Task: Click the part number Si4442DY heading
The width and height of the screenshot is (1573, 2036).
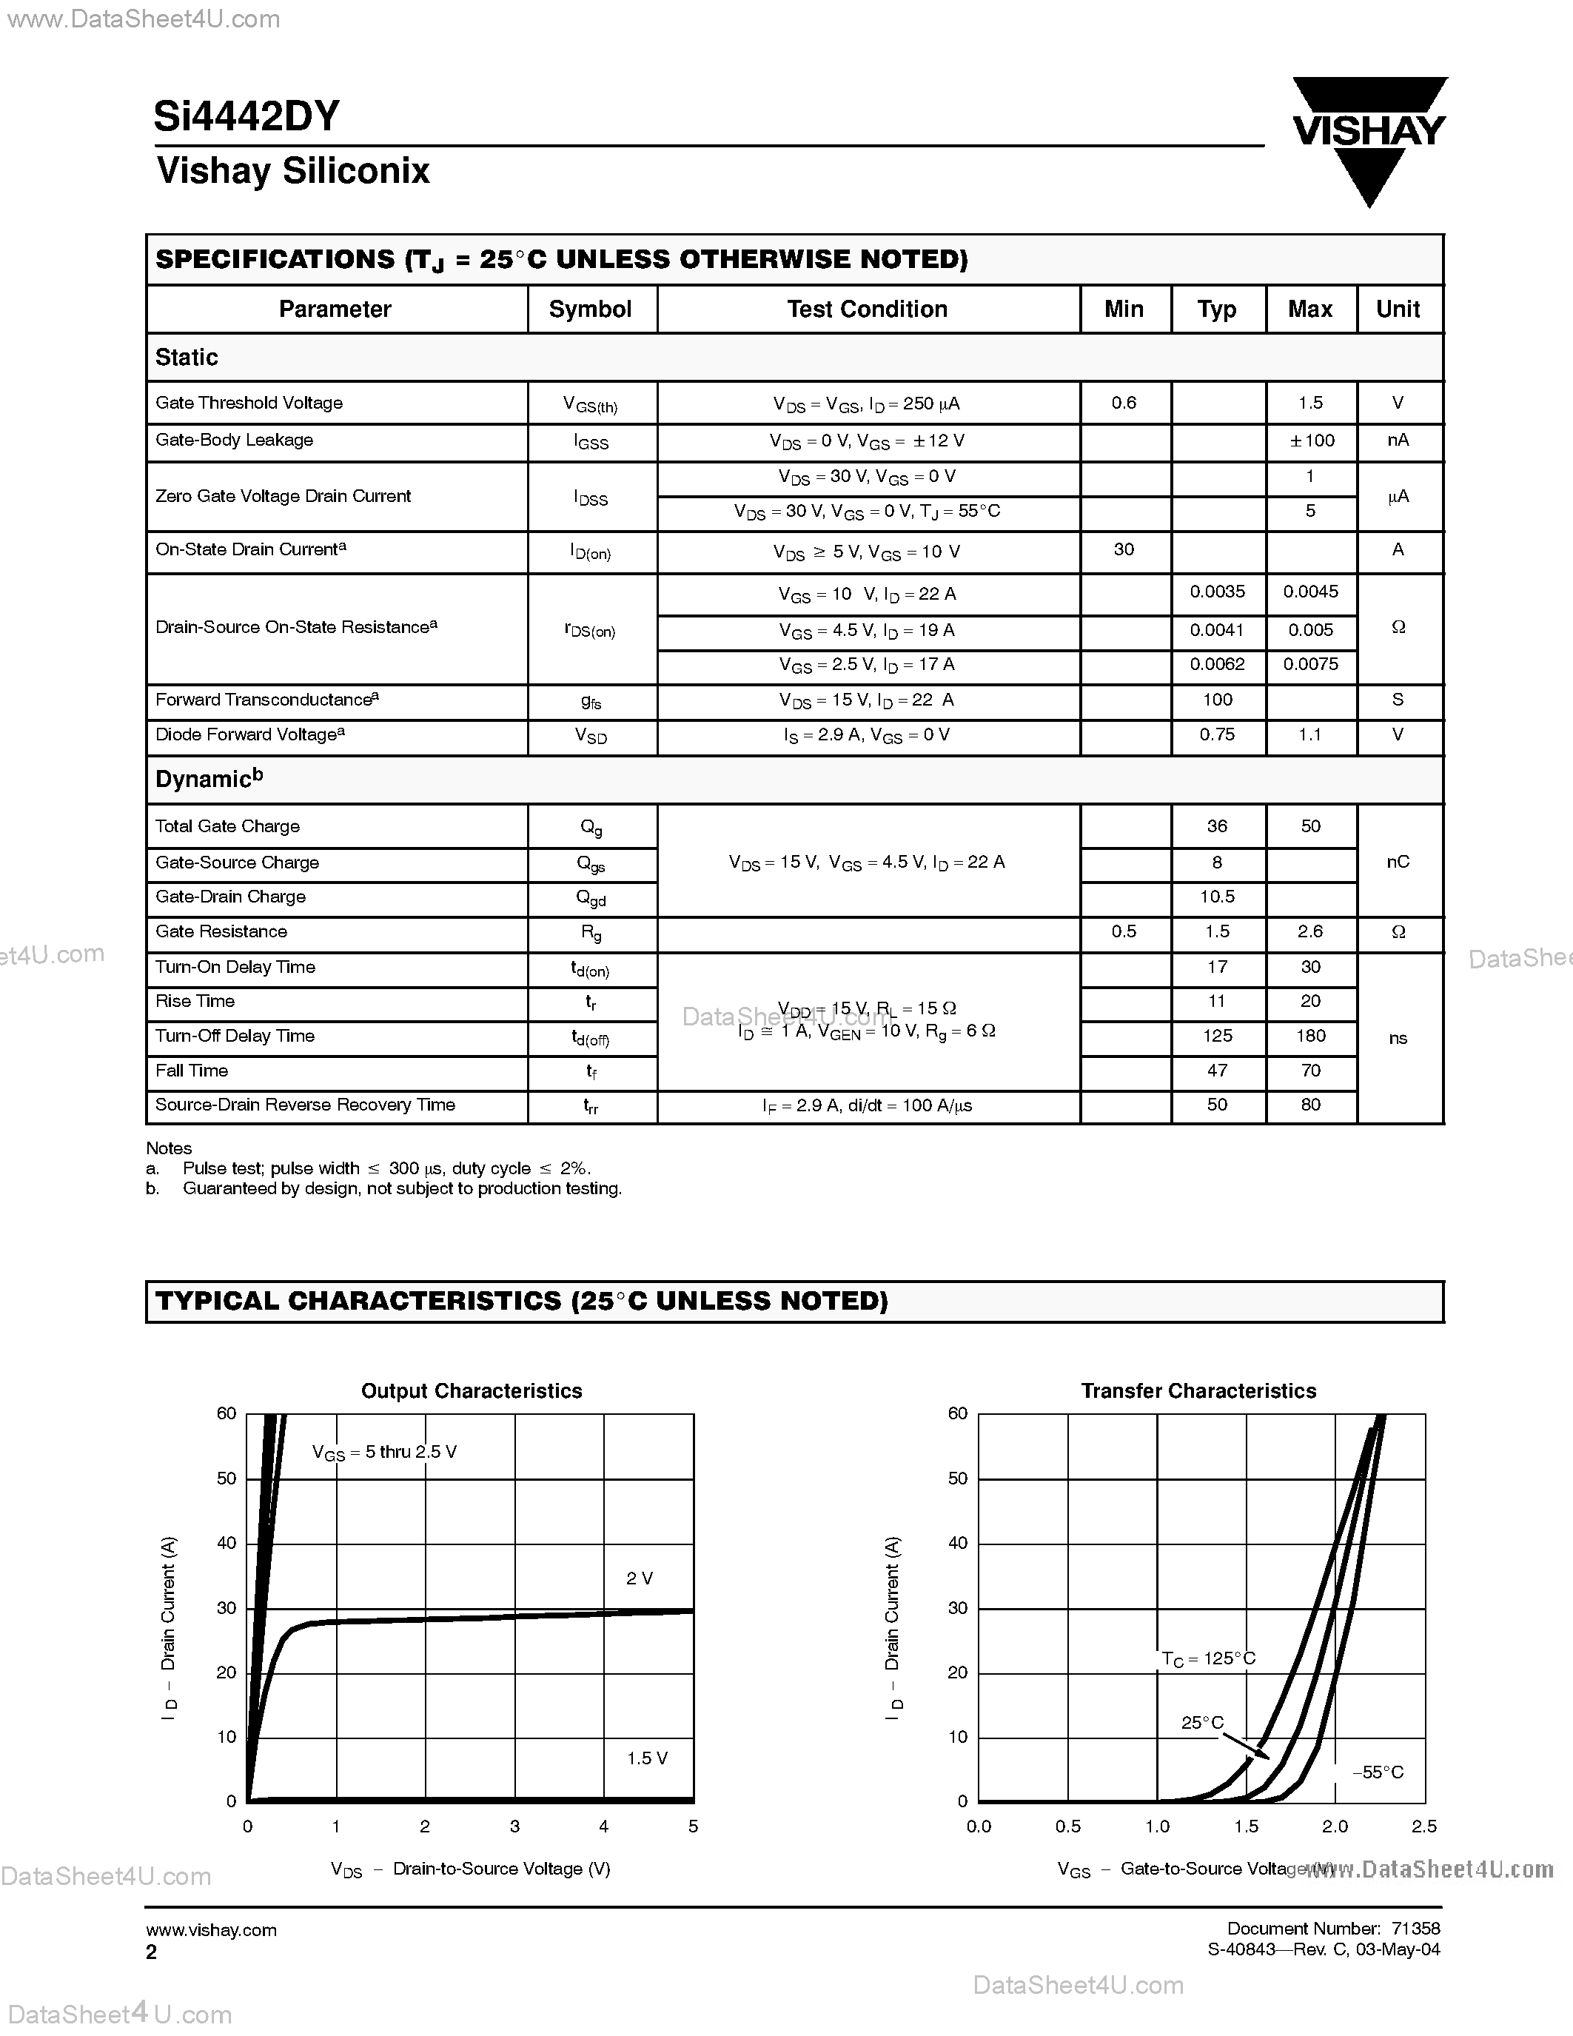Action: point(247,116)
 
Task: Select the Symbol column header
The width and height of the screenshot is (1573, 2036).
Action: point(590,309)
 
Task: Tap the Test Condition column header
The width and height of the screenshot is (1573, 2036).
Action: point(867,309)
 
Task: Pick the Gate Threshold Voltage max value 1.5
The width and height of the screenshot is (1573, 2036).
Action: point(1310,403)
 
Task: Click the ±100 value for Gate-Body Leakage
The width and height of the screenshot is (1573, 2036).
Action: point(1311,440)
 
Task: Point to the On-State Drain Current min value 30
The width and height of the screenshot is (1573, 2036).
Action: point(1124,549)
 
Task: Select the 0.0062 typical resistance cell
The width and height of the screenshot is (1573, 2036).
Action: point(1217,664)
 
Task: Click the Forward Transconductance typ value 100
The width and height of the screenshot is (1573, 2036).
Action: point(1217,699)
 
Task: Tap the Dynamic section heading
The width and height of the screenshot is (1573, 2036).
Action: point(209,778)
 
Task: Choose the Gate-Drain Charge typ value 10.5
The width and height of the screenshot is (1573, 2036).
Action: point(1217,896)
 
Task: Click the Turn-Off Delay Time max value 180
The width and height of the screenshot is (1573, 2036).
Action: point(1310,1036)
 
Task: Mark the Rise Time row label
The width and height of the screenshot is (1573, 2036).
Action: point(195,1001)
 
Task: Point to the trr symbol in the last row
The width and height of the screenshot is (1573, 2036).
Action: point(591,1107)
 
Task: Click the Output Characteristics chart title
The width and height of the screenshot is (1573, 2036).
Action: point(472,1391)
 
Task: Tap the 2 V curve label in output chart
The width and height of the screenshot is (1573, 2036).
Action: point(640,1578)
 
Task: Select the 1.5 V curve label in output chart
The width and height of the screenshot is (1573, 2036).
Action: point(647,1758)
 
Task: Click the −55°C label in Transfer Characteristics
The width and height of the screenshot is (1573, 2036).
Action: point(1378,1772)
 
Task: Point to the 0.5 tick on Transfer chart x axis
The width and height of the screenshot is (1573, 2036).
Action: point(1068,1826)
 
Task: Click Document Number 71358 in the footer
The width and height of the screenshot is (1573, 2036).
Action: point(1332,1928)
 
